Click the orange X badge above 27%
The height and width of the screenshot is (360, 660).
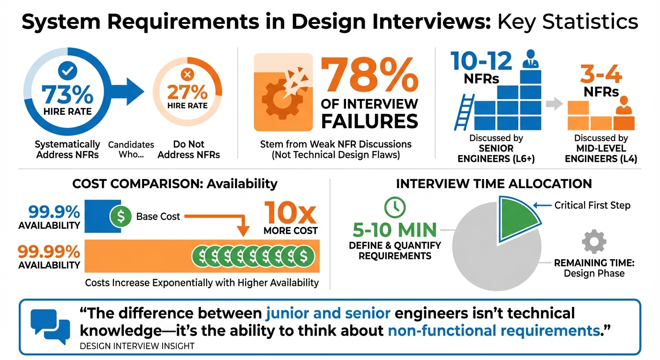click(x=187, y=74)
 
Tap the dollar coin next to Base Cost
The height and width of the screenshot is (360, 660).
click(x=120, y=217)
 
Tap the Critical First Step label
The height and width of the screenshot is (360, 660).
click(x=592, y=205)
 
